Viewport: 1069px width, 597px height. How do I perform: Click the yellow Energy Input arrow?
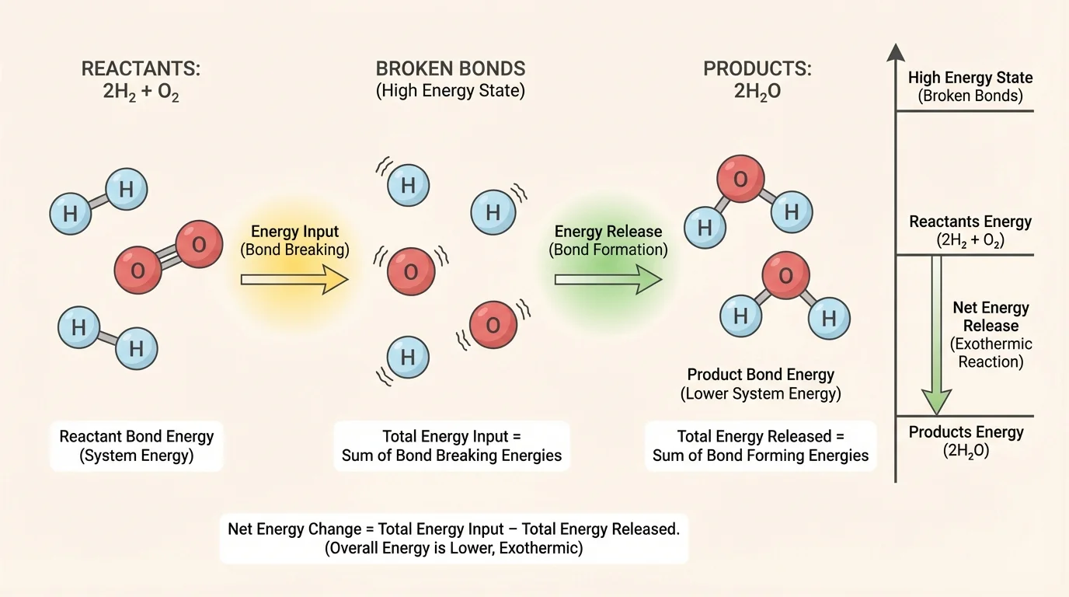point(294,279)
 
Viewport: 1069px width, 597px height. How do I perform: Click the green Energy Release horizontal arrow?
point(607,279)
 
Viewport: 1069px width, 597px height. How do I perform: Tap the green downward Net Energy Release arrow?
point(937,334)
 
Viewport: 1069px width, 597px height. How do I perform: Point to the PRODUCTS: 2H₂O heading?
point(757,79)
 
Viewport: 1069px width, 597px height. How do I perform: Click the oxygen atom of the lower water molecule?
point(785,276)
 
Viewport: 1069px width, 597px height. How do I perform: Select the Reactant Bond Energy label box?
point(136,445)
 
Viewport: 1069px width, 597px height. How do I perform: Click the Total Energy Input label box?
point(451,445)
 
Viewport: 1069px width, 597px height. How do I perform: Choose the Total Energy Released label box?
point(760,445)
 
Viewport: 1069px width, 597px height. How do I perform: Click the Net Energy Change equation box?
point(454,538)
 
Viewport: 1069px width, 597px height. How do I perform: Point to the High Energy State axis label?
point(970,86)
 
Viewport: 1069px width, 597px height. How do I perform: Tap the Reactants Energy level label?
point(970,231)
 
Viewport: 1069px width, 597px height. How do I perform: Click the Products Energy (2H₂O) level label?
point(966,441)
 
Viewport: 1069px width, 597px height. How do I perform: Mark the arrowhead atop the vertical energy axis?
point(896,53)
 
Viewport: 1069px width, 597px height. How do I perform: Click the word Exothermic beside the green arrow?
point(991,344)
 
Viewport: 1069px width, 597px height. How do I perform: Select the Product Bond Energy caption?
point(761,383)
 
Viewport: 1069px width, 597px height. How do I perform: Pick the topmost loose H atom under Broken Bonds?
point(407,186)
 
